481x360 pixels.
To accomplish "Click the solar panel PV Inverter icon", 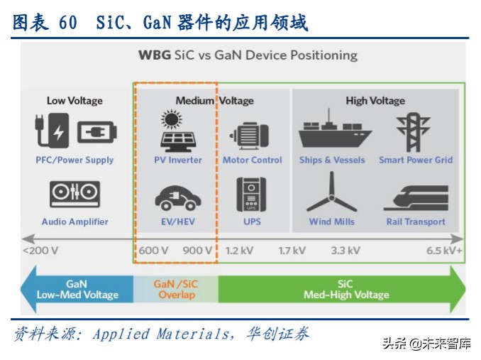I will tap(178, 132).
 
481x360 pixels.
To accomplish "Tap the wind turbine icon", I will tap(331, 192).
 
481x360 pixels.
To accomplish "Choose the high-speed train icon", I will tap(414, 196).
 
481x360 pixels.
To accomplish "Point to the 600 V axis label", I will tap(153, 250).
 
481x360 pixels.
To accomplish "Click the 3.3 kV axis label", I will tap(345, 250).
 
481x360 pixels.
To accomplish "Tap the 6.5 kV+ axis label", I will tap(443, 250).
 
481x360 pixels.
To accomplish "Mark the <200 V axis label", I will tap(40, 250).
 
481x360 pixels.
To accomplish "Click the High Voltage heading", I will tap(375, 101).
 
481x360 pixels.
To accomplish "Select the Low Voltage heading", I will tap(74, 101).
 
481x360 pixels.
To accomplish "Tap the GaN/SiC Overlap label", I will tap(176, 289).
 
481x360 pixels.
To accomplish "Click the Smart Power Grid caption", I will tap(415, 160).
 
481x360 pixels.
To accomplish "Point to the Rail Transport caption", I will tap(415, 222).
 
